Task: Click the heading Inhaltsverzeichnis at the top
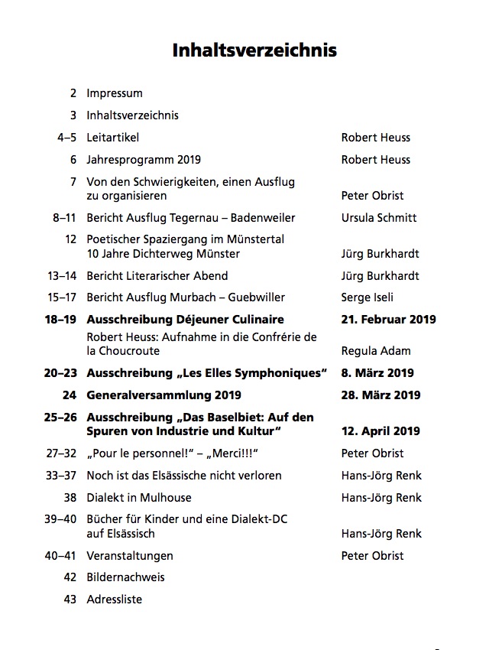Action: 254,51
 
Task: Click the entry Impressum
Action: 115,93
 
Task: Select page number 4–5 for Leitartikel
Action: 66,138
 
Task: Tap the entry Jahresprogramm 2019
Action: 144,160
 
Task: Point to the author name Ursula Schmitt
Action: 379,218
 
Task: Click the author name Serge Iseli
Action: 370,297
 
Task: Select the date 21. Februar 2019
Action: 388,319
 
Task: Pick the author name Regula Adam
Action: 376,351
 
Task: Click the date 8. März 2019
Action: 377,373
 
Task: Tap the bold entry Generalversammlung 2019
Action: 164,395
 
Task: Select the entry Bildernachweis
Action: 125,577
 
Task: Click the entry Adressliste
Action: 115,600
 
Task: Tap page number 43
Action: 70,600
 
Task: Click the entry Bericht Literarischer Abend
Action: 157,276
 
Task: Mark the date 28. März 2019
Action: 381,395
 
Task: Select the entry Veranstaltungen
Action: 130,556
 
